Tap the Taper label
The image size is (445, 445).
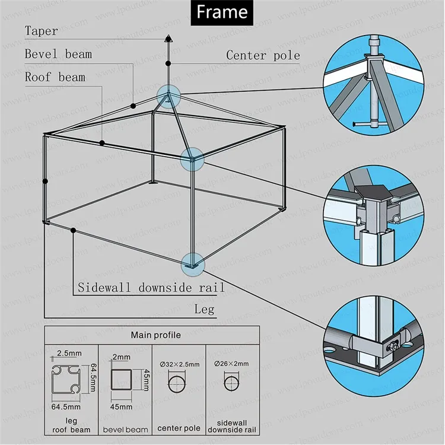pyautogui.click(x=42, y=31)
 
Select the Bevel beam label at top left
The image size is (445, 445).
pyautogui.click(x=58, y=54)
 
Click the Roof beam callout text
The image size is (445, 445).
pyautogui.click(x=55, y=77)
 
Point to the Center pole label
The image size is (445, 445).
pyautogui.click(x=263, y=56)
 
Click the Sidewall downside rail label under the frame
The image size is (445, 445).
pyautogui.click(x=151, y=288)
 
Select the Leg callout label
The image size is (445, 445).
pyautogui.click(x=204, y=309)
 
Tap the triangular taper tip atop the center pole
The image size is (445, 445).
pyautogui.click(x=168, y=39)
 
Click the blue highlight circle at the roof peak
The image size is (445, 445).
pyautogui.click(x=168, y=96)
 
